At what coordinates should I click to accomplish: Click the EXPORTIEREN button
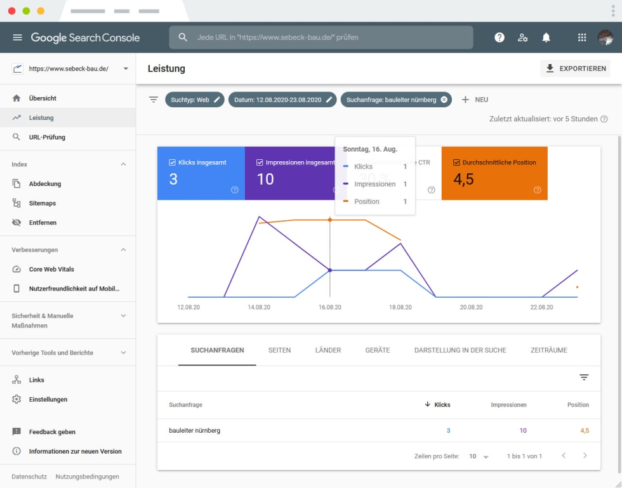(575, 69)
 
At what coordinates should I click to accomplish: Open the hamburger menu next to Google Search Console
(17, 37)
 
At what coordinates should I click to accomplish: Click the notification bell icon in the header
(546, 37)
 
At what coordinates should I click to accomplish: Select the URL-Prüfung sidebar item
(47, 137)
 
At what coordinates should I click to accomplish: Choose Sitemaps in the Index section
(43, 203)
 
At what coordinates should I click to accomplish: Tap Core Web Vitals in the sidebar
(51, 269)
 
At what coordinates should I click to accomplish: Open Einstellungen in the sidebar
(48, 399)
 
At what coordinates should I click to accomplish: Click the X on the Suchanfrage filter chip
(444, 100)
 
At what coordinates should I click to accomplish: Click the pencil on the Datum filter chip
(329, 100)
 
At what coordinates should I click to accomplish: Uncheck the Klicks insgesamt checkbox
(173, 162)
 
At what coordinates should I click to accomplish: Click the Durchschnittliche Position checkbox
(456, 162)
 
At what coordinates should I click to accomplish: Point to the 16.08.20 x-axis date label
(329, 307)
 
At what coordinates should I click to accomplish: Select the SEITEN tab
(279, 350)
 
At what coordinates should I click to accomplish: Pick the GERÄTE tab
(377, 350)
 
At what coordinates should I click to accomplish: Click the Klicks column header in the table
(442, 405)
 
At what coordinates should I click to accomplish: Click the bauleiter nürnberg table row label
(194, 431)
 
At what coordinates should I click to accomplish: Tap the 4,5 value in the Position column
(584, 431)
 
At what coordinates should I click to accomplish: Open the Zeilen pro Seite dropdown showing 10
(479, 456)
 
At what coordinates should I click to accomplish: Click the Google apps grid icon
(581, 37)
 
